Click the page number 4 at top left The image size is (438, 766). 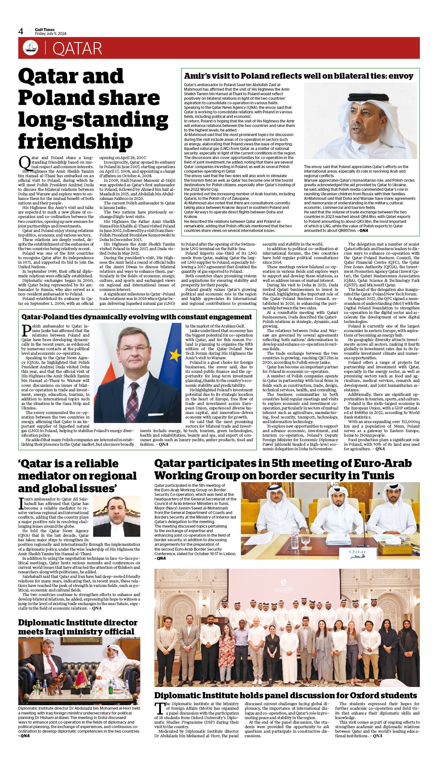click(21, 31)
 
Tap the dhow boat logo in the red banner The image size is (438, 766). click(30, 48)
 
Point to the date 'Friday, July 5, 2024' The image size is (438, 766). click(51, 34)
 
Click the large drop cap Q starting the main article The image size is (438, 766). click(24, 162)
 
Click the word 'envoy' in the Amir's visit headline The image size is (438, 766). click(401, 76)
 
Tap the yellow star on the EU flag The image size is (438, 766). click(175, 356)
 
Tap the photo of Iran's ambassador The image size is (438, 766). click(116, 516)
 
